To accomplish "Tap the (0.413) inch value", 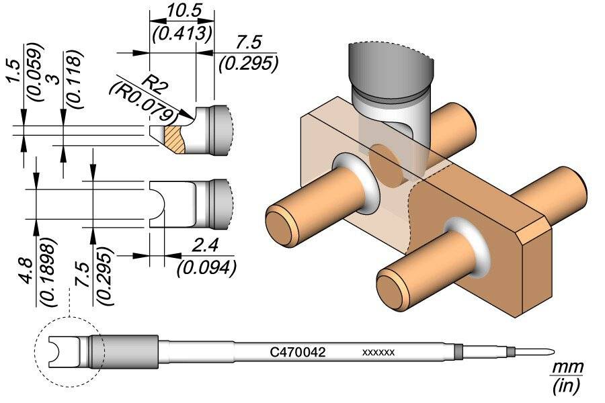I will [180, 32].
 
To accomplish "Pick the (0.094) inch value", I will [205, 267].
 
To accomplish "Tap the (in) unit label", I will [565, 386].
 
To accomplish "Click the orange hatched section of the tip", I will [176, 138].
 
